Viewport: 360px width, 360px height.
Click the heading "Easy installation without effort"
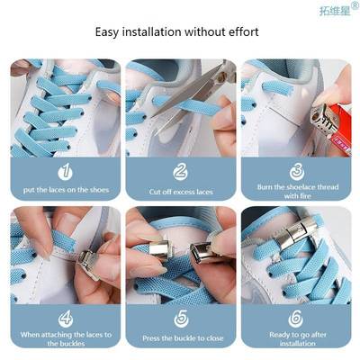pyautogui.click(x=177, y=32)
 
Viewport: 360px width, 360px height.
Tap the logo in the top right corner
pyautogui.click(x=337, y=11)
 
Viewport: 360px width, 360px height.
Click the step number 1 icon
pyautogui.click(x=64, y=171)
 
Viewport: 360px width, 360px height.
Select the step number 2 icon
pyautogui.click(x=179, y=171)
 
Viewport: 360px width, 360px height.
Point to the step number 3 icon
pyautogui.click(x=295, y=170)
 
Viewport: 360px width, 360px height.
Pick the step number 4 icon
pyautogui.click(x=64, y=318)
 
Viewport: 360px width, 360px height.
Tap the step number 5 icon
pyautogui.click(x=179, y=318)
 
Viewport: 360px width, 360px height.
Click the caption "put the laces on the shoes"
pyautogui.click(x=64, y=191)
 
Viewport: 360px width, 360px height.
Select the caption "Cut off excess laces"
pyautogui.click(x=179, y=192)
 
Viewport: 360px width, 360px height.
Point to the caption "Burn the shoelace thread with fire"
pyautogui.click(x=295, y=191)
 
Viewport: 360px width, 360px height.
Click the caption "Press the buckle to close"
pyautogui.click(x=179, y=339)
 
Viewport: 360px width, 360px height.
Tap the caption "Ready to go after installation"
pyautogui.click(x=295, y=338)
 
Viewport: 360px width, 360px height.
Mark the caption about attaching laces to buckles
pyautogui.click(x=64, y=338)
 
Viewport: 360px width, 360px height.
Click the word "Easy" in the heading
pyautogui.click(x=108, y=32)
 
